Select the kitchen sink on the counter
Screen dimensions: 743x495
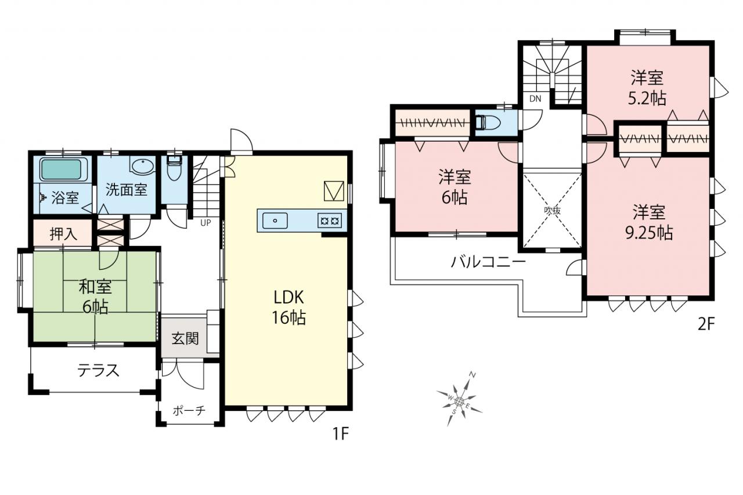[275, 221]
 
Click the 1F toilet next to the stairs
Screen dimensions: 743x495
[174, 168]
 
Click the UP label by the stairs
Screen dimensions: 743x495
[205, 222]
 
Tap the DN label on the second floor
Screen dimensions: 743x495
[535, 99]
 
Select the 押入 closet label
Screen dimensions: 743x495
[63, 234]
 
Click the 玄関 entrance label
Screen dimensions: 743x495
[185, 338]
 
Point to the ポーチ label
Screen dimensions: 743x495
[189, 410]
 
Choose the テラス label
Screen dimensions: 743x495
[98, 370]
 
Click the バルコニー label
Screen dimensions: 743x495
[488, 262]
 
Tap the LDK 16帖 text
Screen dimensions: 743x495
[289, 307]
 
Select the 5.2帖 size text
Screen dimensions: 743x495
[647, 98]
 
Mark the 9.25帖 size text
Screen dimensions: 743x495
[649, 233]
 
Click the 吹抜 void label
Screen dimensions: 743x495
[552, 210]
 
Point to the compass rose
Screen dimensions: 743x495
[460, 402]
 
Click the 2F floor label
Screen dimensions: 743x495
[706, 324]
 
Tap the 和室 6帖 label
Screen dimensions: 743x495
[95, 297]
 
